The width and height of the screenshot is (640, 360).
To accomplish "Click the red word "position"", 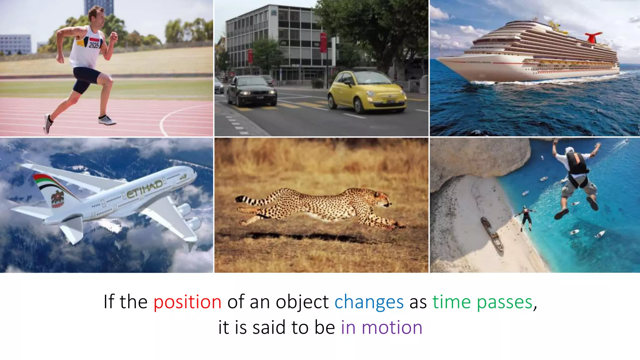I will [x=187, y=302].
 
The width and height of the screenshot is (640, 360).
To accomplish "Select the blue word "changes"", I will [x=369, y=302].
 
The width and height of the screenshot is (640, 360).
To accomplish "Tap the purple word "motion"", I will [x=392, y=327].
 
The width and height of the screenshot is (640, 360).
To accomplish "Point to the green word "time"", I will [x=451, y=302].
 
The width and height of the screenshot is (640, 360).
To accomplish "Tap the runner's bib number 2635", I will [x=94, y=45].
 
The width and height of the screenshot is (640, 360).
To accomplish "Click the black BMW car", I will [x=252, y=90].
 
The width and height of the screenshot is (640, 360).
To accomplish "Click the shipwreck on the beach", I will [x=492, y=234].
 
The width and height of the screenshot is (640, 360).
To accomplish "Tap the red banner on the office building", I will [x=323, y=43].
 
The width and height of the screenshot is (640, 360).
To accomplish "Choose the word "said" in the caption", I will [x=269, y=327].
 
